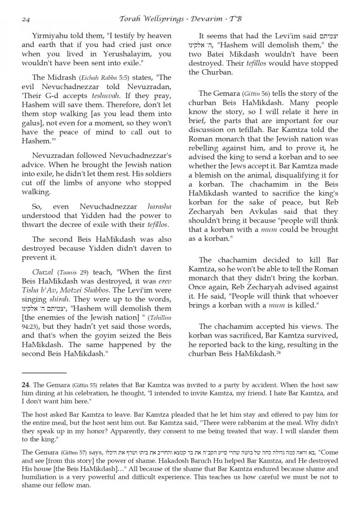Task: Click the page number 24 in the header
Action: (25, 20)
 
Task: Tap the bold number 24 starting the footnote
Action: (25, 385)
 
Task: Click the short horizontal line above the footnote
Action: (44, 372)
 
